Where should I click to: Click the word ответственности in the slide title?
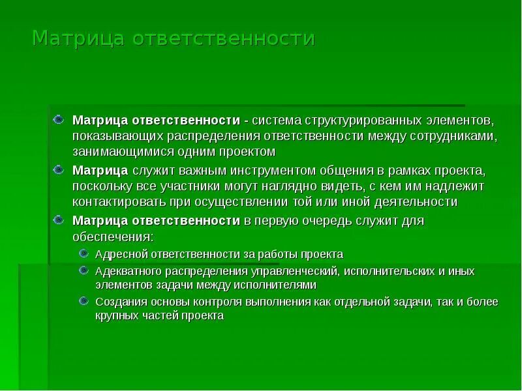pos(224,38)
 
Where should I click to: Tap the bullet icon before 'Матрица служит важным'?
pos(59,170)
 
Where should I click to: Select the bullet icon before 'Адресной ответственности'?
pos(83,253)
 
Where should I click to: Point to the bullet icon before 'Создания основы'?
pos(83,301)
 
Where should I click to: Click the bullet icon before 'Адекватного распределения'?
pos(83,270)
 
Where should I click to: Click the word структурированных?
pos(361,121)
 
